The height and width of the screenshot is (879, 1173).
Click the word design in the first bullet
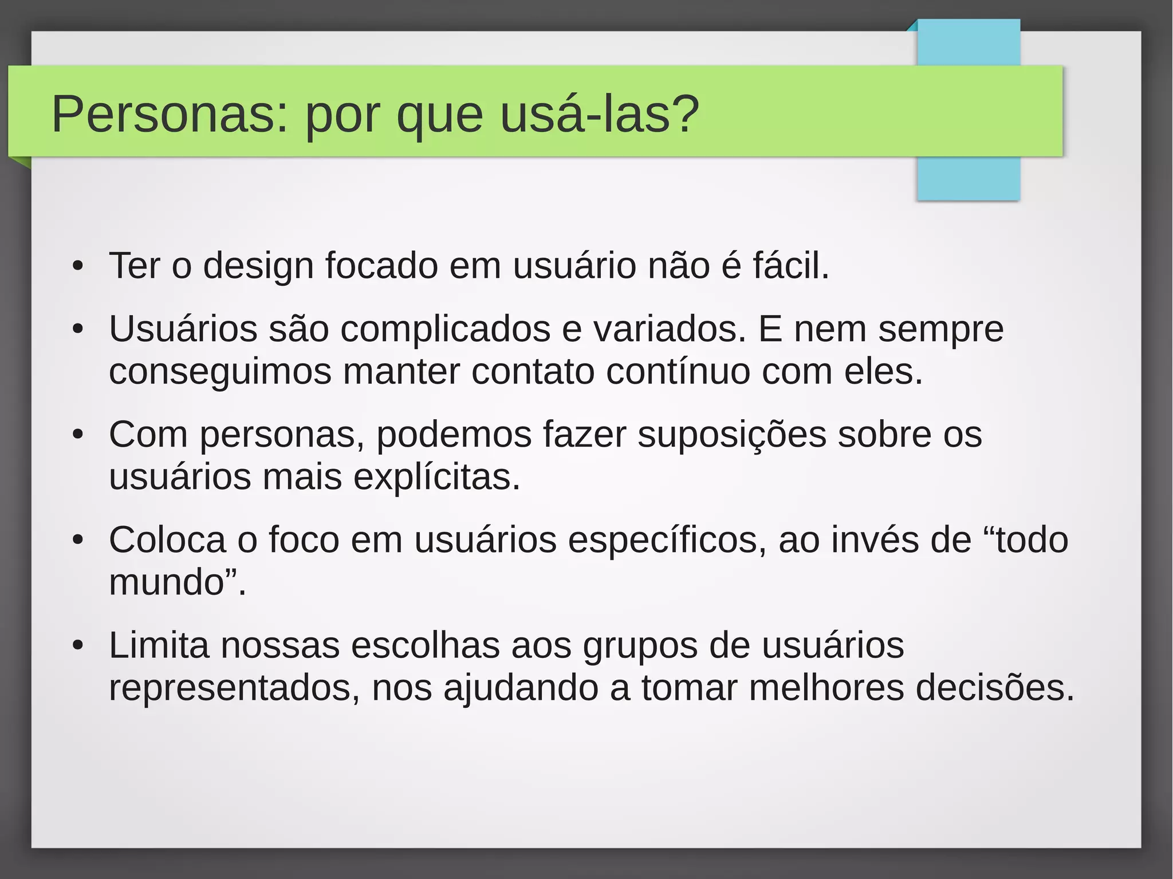pyautogui.click(x=258, y=266)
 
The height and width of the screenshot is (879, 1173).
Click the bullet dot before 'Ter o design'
pyautogui.click(x=78, y=267)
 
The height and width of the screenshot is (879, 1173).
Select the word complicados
pyautogui.click(x=445, y=330)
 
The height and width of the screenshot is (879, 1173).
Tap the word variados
pyautogui.click(x=670, y=329)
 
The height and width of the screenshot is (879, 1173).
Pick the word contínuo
pyautogui.click(x=678, y=372)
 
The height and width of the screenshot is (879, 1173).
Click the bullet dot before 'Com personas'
pyautogui.click(x=78, y=435)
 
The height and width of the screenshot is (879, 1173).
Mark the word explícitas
pyautogui.click(x=436, y=477)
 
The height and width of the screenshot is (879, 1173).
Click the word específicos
pyautogui.click(x=667, y=540)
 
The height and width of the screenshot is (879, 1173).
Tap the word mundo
pyautogui.click(x=166, y=582)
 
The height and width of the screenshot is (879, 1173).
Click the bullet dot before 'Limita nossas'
pyautogui.click(x=78, y=646)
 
